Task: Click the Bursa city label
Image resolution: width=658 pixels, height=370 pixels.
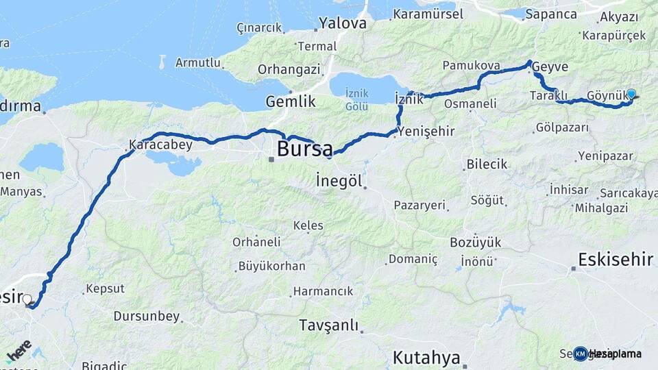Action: click(x=304, y=148)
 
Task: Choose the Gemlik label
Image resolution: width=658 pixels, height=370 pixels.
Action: click(x=291, y=101)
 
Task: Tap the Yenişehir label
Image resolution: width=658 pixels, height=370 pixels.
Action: click(x=426, y=132)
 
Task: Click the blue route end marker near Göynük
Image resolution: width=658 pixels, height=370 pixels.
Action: click(x=631, y=95)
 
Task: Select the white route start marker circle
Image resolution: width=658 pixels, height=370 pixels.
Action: click(x=27, y=299)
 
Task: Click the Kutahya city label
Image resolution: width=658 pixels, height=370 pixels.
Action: click(x=426, y=357)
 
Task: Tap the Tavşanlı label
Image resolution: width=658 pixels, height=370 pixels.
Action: click(x=329, y=325)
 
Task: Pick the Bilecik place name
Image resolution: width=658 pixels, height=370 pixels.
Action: click(x=487, y=164)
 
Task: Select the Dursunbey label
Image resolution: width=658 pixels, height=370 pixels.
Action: click(x=147, y=317)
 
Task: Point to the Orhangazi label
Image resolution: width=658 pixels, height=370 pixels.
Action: click(x=289, y=69)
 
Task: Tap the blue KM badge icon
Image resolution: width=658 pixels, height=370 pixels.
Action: click(x=581, y=354)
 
